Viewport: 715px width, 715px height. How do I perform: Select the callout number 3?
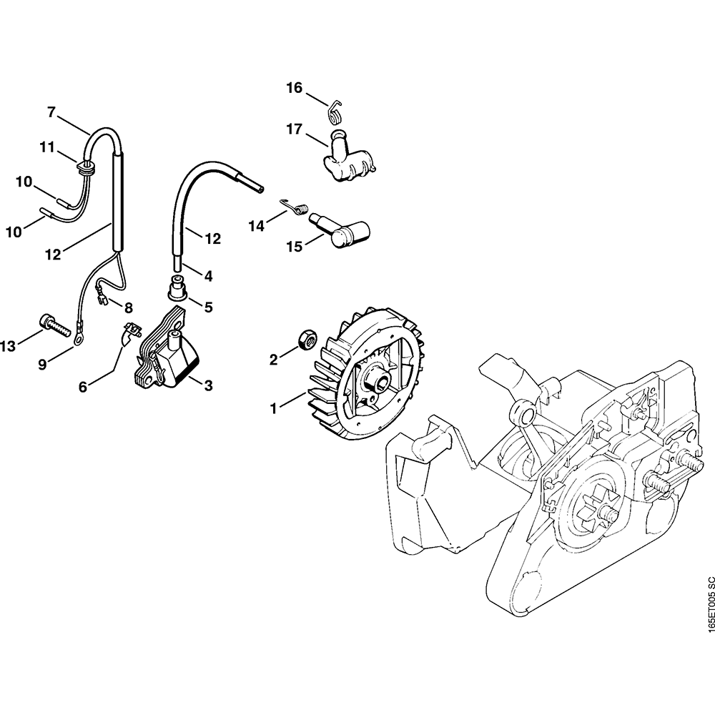pos(208,386)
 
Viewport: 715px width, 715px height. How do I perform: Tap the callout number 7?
pos(51,112)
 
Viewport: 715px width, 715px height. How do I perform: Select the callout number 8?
pos(129,307)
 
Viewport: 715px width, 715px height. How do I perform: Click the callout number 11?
pos(47,147)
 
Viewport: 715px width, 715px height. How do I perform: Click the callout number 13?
pos(8,347)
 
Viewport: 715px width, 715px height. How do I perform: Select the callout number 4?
pos(208,275)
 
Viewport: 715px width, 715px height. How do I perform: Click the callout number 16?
pos(295,88)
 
